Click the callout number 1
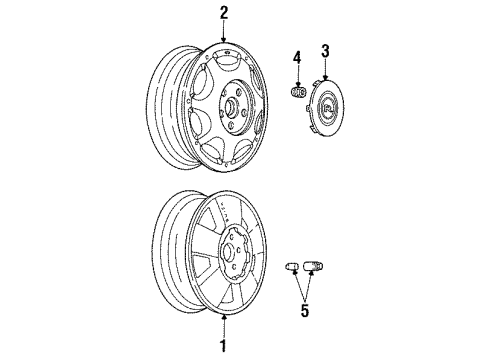pos(224,347)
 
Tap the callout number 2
pos(224,13)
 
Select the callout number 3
pos(325,50)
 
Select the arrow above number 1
pos(224,328)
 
